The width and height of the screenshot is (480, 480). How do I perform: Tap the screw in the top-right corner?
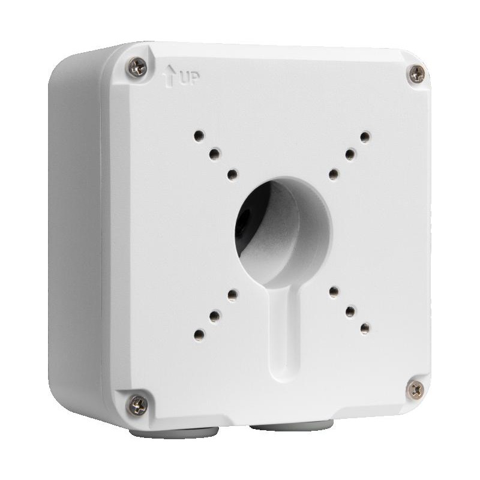[416, 74]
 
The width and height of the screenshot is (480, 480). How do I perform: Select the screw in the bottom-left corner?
[138, 406]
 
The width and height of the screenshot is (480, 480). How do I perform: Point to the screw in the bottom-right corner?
[415, 389]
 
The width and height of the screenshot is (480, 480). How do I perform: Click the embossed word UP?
[187, 79]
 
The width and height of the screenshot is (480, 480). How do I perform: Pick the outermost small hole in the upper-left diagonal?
[199, 136]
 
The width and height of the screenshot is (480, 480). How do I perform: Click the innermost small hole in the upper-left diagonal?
[232, 175]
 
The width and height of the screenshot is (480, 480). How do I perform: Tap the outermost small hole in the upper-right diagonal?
[365, 137]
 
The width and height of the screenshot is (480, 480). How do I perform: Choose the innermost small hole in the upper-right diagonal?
[334, 175]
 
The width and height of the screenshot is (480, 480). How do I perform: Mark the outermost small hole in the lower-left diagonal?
[199, 334]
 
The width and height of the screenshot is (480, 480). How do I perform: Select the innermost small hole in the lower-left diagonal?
[232, 295]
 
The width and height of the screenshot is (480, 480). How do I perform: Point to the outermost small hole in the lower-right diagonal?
[365, 328]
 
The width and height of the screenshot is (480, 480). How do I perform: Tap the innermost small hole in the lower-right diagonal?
[334, 292]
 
